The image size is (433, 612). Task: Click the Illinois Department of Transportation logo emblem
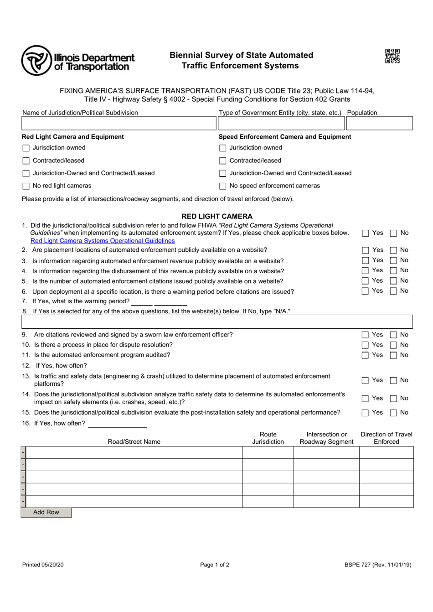click(x=36, y=60)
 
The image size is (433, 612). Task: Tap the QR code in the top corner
click(x=392, y=56)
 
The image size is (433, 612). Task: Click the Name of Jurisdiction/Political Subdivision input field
click(x=119, y=124)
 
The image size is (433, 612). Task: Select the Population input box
click(x=379, y=124)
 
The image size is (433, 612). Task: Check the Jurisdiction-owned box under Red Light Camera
click(x=26, y=148)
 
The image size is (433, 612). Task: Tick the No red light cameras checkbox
click(x=26, y=186)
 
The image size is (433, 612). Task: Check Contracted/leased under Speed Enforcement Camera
click(x=223, y=161)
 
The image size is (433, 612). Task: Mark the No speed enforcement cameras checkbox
click(x=223, y=186)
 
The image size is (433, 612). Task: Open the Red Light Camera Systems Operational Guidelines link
click(x=103, y=241)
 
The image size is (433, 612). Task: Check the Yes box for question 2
click(x=366, y=250)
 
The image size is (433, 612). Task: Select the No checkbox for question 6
click(x=393, y=291)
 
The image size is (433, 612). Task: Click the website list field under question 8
click(x=217, y=322)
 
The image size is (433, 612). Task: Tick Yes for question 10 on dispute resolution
click(x=366, y=345)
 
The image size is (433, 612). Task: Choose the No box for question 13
click(x=393, y=380)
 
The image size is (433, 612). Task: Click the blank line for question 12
click(x=118, y=366)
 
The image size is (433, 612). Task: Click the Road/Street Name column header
click(x=134, y=441)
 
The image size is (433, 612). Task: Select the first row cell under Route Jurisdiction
click(x=268, y=453)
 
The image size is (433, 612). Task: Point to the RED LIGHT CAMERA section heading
click(x=217, y=216)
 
